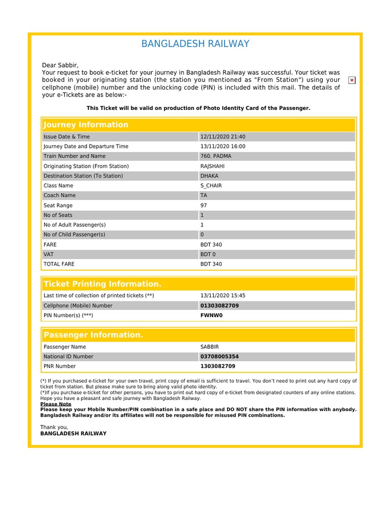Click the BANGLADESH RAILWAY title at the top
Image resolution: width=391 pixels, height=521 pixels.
195,44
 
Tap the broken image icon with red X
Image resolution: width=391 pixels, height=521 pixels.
352,80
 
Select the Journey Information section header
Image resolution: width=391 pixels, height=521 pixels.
86,125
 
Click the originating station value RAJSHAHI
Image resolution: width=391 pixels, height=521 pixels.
212,166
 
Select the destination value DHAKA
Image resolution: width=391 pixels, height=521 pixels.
209,176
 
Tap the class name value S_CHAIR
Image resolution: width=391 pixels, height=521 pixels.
211,186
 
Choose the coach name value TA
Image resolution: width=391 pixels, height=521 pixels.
204,195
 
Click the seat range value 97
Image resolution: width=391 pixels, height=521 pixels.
204,206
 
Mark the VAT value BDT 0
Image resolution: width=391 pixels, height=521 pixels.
208,254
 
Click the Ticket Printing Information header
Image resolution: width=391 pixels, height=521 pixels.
102,284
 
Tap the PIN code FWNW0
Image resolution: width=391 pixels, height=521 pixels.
212,315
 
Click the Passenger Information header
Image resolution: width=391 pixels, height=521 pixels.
93,335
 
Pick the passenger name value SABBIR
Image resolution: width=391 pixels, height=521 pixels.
210,347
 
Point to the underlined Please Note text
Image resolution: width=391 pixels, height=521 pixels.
55,404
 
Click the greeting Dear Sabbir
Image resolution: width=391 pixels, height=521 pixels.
60,65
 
